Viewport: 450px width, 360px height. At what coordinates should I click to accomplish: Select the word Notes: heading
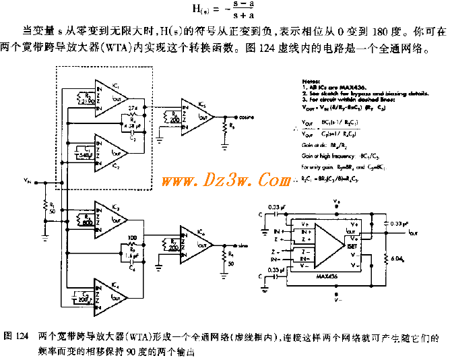pyautogui.click(x=307, y=79)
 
